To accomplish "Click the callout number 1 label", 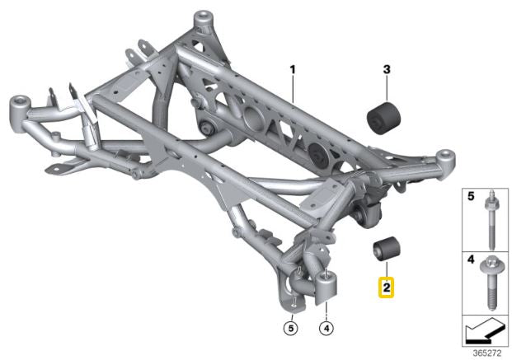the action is coord(293,69).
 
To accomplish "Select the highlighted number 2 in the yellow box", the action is coord(387,288).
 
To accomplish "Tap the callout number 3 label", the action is coord(387,69).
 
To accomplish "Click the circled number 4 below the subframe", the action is coord(326,327).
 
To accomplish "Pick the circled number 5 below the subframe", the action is coord(291,327).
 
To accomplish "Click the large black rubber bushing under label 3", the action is coord(383,118).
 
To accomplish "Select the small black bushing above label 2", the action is coord(387,250).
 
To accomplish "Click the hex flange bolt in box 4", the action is coord(491,283).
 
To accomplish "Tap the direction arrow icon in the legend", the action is coord(485,331).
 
